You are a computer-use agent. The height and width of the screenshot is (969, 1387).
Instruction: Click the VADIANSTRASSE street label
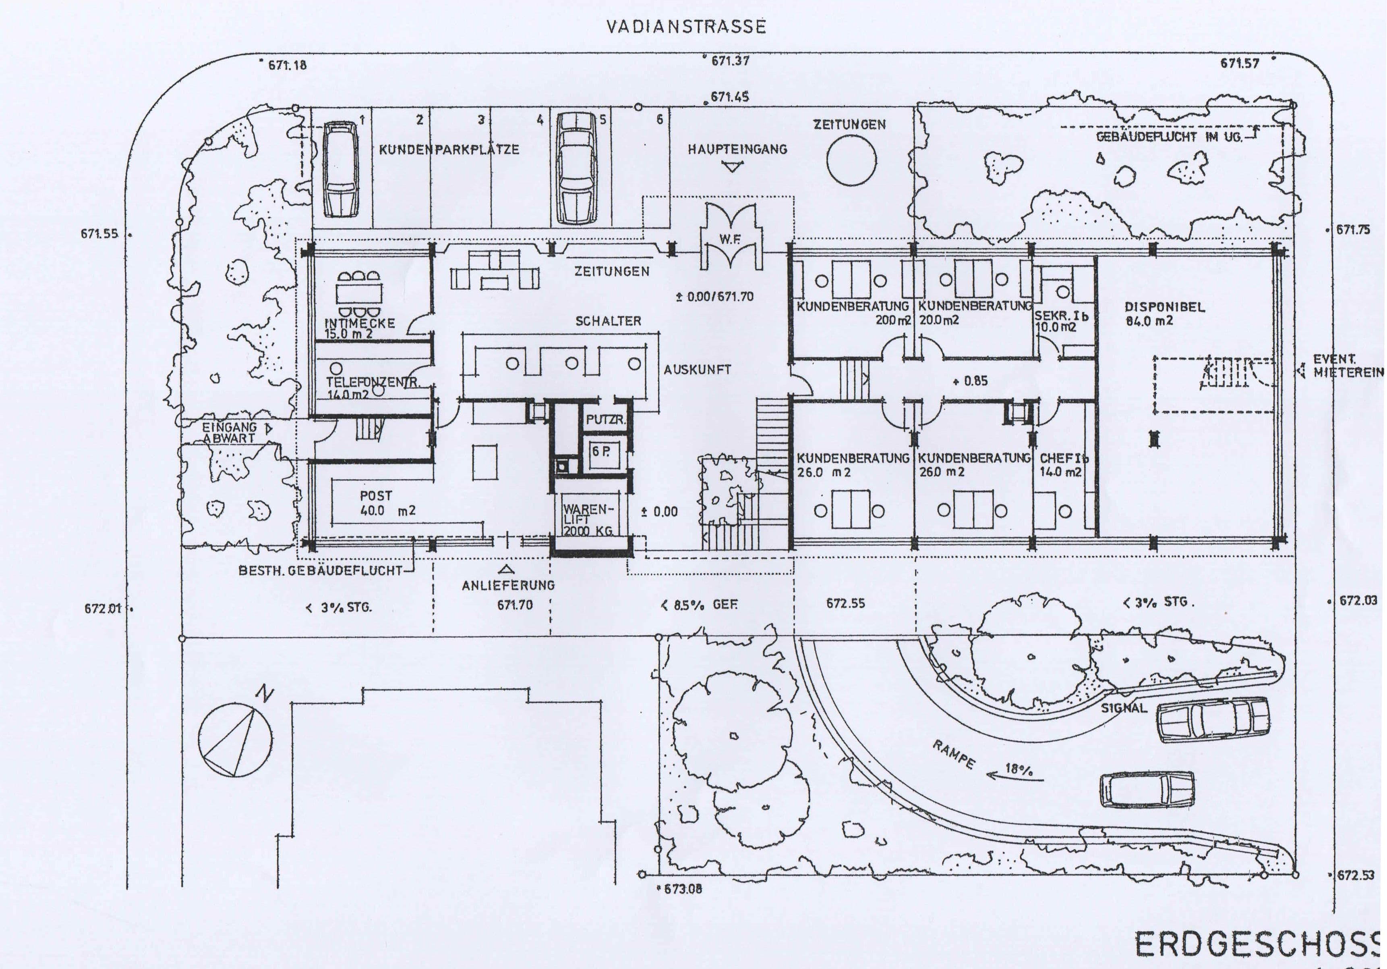(686, 27)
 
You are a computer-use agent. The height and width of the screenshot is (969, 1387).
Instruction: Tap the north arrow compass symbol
(235, 739)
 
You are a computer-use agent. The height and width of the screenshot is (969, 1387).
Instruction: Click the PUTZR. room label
(605, 420)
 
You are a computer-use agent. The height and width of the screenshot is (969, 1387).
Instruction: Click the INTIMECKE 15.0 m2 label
(359, 328)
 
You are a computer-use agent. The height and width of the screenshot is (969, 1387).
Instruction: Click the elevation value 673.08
(682, 889)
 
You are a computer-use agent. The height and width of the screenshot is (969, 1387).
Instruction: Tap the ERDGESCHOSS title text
(1257, 944)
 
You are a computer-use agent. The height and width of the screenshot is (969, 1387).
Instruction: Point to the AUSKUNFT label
(697, 369)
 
